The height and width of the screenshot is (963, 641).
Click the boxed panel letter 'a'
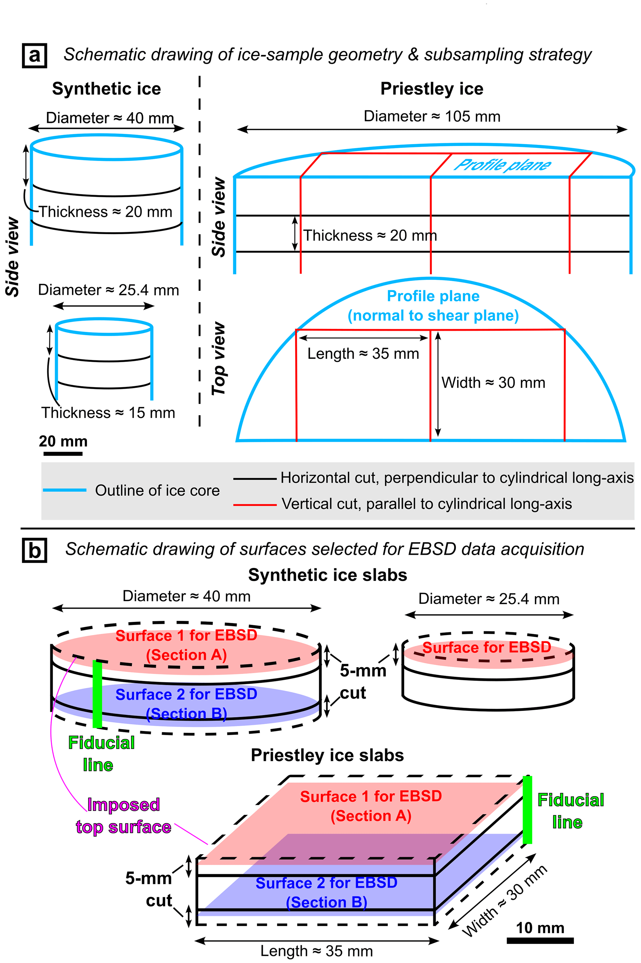pyautogui.click(x=34, y=55)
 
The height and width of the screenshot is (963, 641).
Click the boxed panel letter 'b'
pyautogui.click(x=34, y=551)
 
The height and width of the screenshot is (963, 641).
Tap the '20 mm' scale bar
pyautogui.click(x=63, y=453)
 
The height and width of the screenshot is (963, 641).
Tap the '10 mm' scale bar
pyautogui.click(x=540, y=940)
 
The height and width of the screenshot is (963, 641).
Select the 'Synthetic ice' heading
pyautogui.click(x=106, y=89)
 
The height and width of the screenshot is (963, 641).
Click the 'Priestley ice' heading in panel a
pyautogui.click(x=432, y=89)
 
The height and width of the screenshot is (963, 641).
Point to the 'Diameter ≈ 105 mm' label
pyautogui.click(x=432, y=117)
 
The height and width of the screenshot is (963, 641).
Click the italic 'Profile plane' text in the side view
pyautogui.click(x=502, y=165)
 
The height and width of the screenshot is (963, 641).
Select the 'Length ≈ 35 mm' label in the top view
pyautogui.click(x=363, y=353)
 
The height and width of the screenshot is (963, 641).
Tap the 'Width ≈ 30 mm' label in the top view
pyautogui.click(x=493, y=383)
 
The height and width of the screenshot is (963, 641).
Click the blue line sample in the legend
pyautogui.click(x=65, y=490)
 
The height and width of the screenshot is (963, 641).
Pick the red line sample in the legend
pyautogui.click(x=255, y=505)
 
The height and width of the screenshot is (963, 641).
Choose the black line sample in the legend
pyautogui.click(x=255, y=478)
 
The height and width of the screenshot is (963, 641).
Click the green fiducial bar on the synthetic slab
pyautogui.click(x=97, y=694)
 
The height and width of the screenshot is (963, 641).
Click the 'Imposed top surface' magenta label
pyautogui.click(x=123, y=816)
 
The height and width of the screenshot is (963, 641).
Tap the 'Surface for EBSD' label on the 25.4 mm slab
pyautogui.click(x=487, y=647)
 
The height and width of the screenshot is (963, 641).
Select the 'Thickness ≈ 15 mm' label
pyautogui.click(x=108, y=413)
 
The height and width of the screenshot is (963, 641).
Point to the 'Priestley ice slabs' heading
pyautogui.click(x=327, y=755)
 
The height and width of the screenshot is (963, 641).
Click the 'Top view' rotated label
pyautogui.click(x=218, y=359)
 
